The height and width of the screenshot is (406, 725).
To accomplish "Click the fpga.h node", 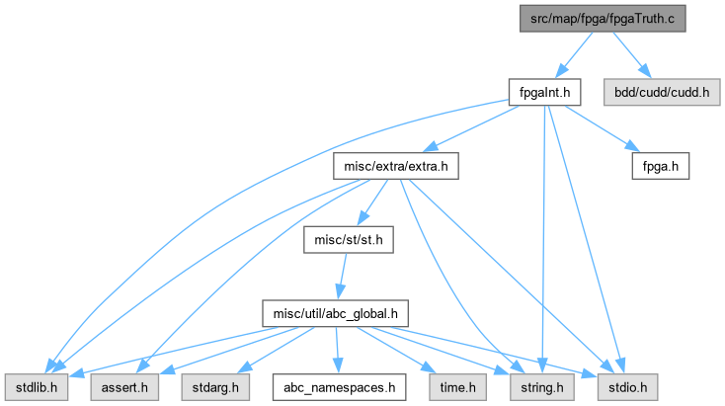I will pos(660,166).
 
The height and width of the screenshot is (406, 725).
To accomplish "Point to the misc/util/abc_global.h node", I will pos(336,314).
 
